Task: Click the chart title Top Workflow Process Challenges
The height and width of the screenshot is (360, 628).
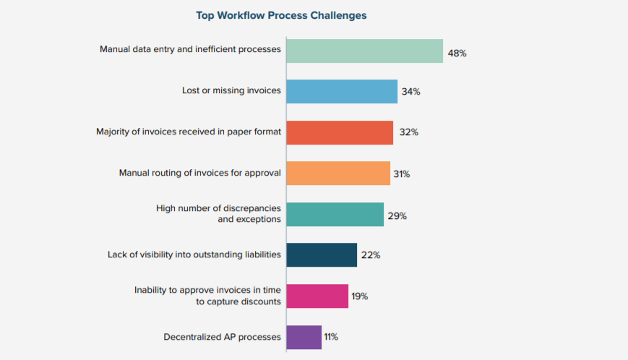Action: pos(281,15)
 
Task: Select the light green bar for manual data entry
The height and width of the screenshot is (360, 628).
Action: pos(364,51)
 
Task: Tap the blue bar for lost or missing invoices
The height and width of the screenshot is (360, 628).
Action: pos(342,92)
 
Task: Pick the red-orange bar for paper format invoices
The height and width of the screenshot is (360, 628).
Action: pos(340,132)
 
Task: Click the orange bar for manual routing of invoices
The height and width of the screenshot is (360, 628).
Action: pos(338,173)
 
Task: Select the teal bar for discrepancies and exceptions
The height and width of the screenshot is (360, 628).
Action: pos(335,215)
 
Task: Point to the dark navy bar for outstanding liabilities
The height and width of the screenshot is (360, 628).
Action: pos(322,255)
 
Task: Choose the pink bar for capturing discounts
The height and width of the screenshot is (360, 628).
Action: pos(317,296)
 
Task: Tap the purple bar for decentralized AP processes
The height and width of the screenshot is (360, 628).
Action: pos(304,337)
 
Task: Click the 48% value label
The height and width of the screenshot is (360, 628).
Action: pos(457,53)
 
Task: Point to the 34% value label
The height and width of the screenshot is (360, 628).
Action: pos(411,93)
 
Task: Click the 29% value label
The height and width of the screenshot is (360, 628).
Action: pos(397,215)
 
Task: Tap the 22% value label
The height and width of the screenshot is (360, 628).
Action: pos(371,256)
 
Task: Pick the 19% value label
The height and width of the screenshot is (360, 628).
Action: pos(360,296)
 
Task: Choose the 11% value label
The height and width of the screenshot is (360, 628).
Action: pos(331,337)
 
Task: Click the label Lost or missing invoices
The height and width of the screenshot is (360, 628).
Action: pos(231,91)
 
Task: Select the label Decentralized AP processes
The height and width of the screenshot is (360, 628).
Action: pos(222,337)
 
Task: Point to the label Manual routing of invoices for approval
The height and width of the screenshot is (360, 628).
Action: pos(199,173)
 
